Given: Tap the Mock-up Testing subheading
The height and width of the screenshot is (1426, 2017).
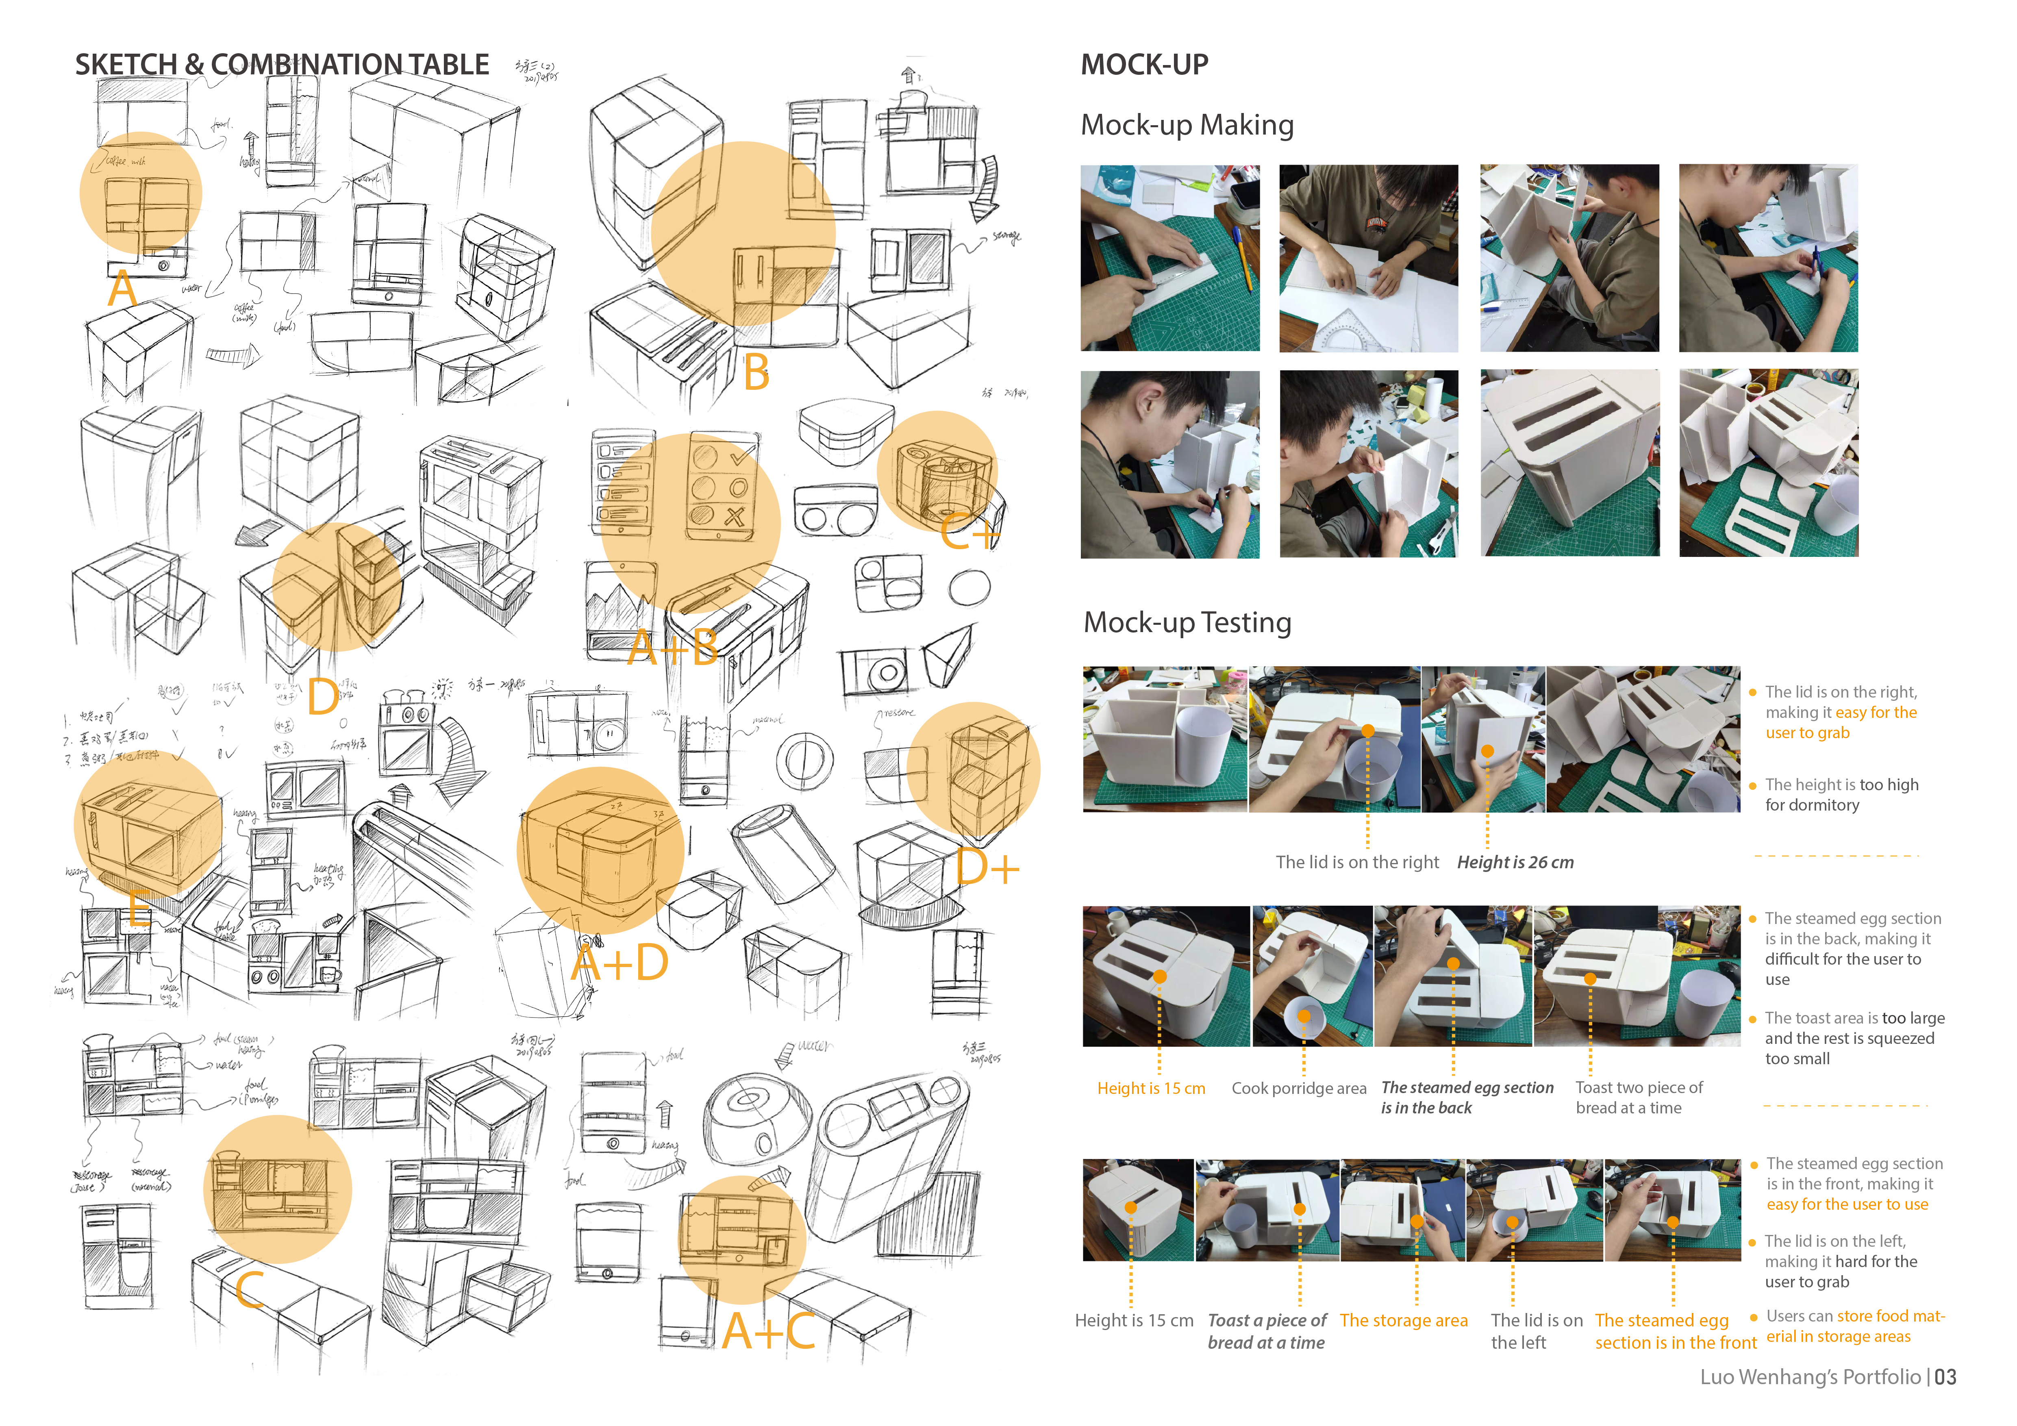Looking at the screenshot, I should click(1187, 622).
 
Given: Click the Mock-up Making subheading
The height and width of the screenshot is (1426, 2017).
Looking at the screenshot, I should click(1187, 125).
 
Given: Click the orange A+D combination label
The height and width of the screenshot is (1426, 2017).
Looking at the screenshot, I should click(619, 963).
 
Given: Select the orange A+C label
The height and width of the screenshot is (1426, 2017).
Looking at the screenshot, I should click(769, 1331).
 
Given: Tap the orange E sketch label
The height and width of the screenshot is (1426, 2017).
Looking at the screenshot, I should click(138, 909).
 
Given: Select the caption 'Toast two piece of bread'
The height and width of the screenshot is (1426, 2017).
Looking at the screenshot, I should click(1639, 1098).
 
